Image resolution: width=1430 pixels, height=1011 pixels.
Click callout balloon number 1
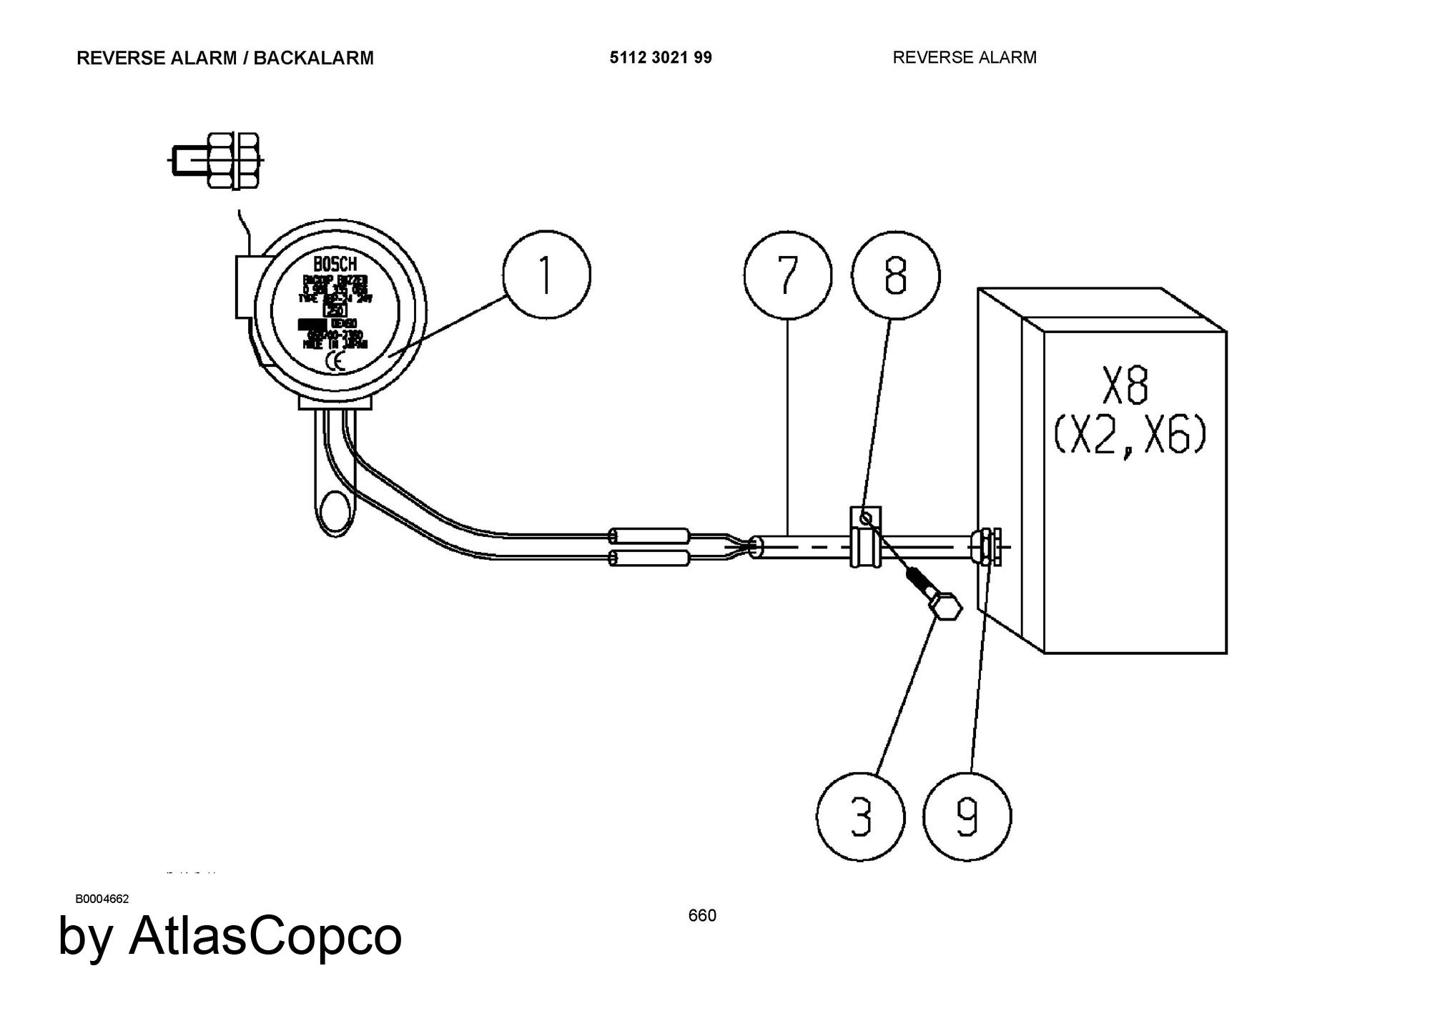547,275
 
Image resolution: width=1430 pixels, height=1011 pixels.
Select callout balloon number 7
787,275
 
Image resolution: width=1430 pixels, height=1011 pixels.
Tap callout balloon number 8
895,276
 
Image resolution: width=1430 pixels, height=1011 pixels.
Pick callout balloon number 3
861,817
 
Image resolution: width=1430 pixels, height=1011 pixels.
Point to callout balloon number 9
967,817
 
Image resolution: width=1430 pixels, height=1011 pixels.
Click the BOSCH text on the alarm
335,265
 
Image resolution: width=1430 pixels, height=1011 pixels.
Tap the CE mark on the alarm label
335,361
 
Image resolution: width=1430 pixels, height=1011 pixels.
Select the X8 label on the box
1125,386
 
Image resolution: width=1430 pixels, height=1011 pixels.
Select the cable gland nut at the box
987,547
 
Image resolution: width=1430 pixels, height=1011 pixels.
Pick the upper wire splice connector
649,536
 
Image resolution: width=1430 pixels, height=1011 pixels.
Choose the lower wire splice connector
649,558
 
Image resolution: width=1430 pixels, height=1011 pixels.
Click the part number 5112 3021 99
661,58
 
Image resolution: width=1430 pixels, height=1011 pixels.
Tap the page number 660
702,915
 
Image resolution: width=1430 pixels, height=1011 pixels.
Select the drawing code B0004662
102,899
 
